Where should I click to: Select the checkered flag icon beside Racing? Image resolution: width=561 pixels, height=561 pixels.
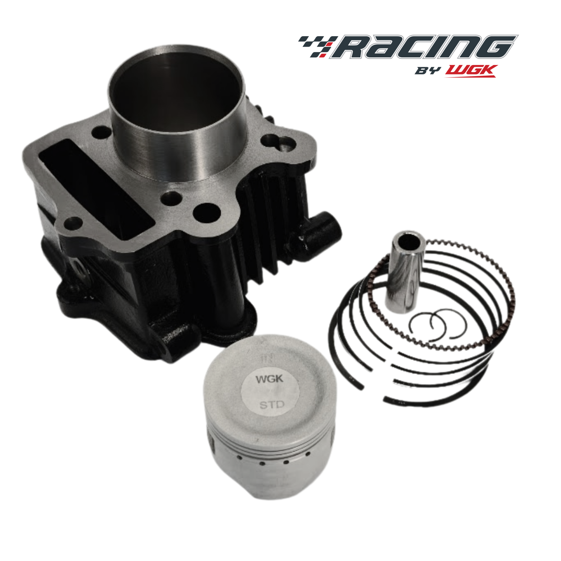318,46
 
